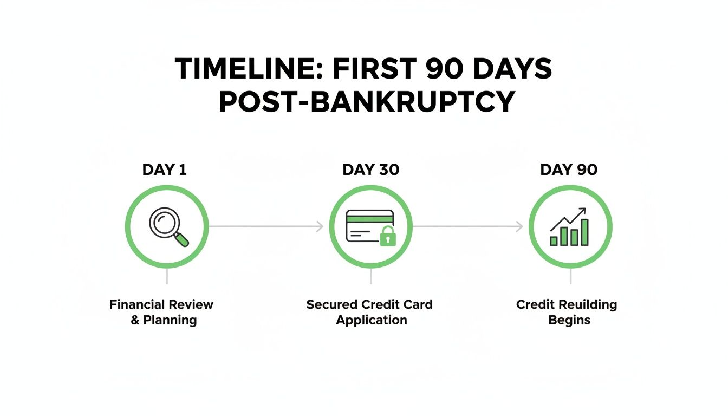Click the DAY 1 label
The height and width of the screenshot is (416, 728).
(x=165, y=170)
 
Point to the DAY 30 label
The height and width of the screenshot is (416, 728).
(x=370, y=170)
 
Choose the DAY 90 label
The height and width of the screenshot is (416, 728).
(x=569, y=170)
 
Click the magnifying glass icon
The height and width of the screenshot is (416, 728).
(x=167, y=226)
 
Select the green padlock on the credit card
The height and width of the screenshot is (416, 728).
(x=388, y=237)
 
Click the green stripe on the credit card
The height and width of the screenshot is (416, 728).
(x=369, y=218)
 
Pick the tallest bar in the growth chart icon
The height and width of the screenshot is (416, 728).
(x=585, y=232)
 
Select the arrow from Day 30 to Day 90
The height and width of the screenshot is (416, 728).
(x=468, y=226)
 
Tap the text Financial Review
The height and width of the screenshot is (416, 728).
(x=161, y=304)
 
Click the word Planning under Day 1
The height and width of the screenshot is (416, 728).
(x=170, y=320)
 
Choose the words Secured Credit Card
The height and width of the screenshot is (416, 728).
(x=369, y=304)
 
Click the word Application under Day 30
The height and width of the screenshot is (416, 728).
(x=372, y=320)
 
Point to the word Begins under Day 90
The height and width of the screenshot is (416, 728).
(x=569, y=320)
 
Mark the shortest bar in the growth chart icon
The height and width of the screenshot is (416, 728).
(x=554, y=240)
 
